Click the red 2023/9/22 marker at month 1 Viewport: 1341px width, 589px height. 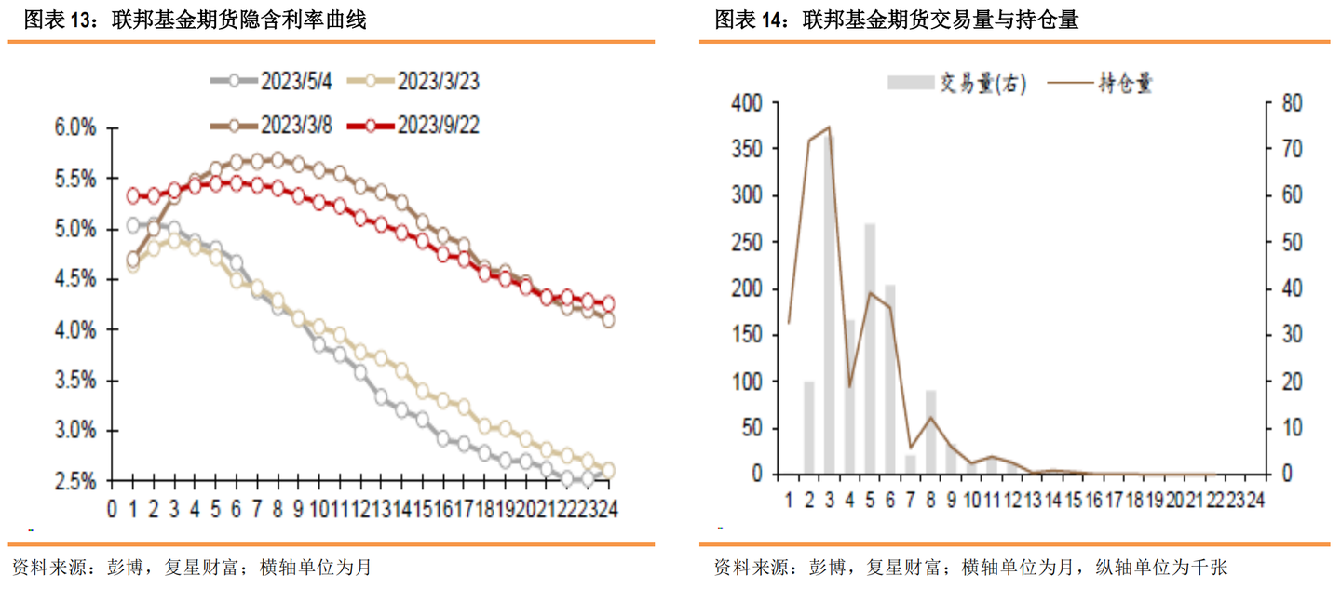click(x=132, y=196)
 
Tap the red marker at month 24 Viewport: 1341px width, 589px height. click(x=609, y=303)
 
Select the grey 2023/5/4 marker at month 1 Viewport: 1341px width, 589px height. click(x=132, y=225)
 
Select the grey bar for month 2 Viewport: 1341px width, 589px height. click(x=808, y=427)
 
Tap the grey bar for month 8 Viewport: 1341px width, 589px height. click(x=930, y=432)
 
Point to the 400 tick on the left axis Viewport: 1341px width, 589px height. click(x=747, y=102)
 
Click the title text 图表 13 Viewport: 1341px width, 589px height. click(x=56, y=20)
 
